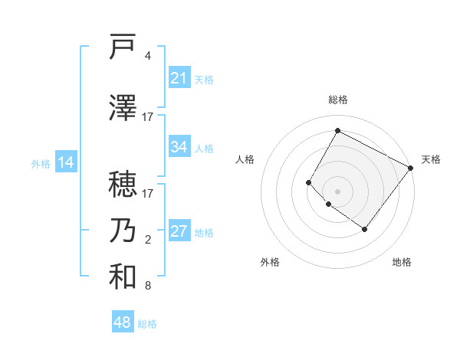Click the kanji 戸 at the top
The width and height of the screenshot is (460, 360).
point(123,47)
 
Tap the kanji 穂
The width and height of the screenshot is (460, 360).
point(123,184)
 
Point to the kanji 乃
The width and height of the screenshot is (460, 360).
point(123,231)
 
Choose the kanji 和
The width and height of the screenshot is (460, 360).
point(123,277)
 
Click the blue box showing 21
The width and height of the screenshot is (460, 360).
point(179,78)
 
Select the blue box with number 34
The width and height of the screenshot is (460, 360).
point(179,148)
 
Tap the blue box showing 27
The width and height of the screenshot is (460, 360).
point(179,232)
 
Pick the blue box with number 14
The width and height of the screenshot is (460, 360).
point(66,162)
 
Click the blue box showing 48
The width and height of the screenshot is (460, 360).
point(123,322)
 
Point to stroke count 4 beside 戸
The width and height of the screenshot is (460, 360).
point(148,56)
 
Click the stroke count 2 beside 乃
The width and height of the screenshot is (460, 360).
point(148,240)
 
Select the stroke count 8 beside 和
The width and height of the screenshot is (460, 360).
point(148,286)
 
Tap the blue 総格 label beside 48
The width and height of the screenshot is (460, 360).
point(147,324)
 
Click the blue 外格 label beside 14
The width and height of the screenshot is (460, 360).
point(40,164)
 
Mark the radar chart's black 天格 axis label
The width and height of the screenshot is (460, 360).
point(431,159)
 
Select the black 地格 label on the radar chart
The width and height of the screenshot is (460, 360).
point(402,262)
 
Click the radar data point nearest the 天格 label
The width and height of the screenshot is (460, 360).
point(410,168)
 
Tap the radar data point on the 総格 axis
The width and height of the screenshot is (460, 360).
point(337,130)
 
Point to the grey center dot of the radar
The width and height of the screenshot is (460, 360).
point(337,191)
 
